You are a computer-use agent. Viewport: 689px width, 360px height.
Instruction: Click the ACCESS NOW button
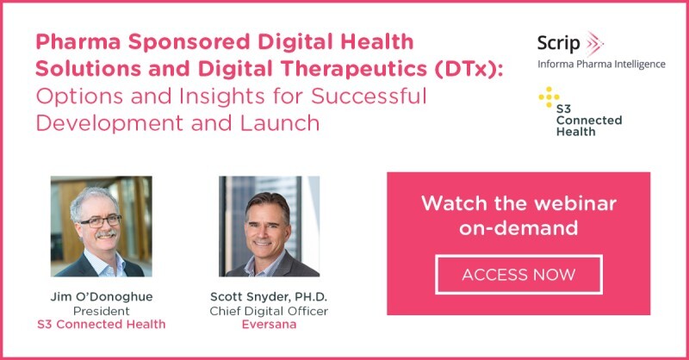coord(518,275)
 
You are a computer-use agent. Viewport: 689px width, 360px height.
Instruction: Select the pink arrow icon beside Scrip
coord(593,43)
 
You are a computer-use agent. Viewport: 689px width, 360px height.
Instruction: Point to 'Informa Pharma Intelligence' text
coord(600,65)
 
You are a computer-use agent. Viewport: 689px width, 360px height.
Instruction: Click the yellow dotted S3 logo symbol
coord(549,97)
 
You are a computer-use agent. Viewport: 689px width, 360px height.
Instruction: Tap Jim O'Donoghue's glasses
coord(101,220)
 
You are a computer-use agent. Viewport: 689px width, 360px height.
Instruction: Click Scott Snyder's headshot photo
coord(269,227)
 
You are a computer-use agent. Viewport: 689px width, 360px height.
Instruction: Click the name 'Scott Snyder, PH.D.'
coord(269,297)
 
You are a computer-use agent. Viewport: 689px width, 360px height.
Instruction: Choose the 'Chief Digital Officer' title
coord(269,311)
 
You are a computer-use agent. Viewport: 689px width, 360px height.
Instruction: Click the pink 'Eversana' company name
coord(269,325)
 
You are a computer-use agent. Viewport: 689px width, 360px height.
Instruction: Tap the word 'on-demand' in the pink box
coord(518,229)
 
